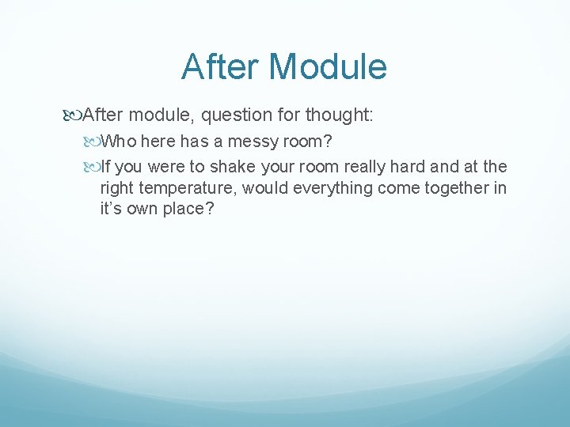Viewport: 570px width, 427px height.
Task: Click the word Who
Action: [119, 142]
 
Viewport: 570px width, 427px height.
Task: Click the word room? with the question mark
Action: [312, 142]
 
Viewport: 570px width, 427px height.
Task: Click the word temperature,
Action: [189, 188]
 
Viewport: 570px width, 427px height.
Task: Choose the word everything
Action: [332, 188]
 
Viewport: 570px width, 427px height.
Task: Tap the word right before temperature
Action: [116, 188]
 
